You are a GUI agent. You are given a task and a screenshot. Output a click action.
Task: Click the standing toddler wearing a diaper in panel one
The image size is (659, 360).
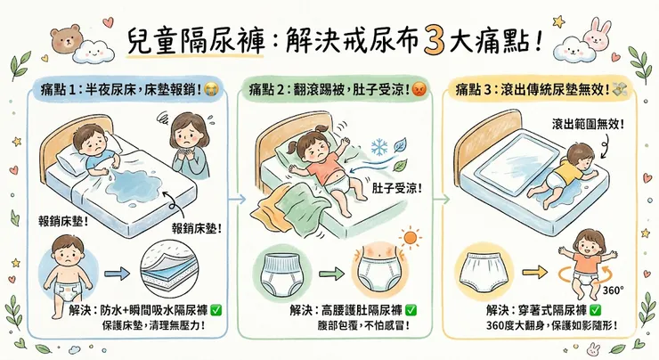[64, 266]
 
